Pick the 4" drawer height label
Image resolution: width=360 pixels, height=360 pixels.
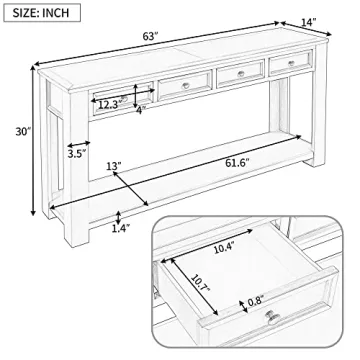(x=140, y=111)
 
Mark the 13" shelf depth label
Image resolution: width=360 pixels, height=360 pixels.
(x=112, y=166)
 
